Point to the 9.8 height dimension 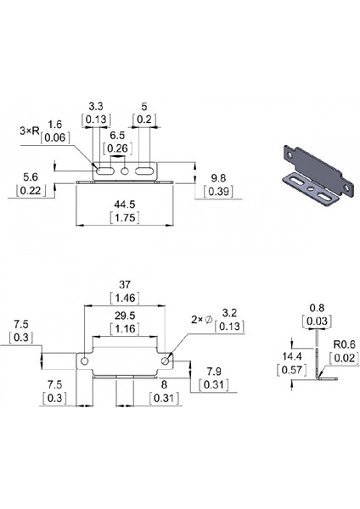217,179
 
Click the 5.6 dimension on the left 31,176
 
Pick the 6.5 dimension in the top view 118,135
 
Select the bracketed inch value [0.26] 118,148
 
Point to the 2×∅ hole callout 200,319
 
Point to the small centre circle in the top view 126,172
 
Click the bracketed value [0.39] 217,193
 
